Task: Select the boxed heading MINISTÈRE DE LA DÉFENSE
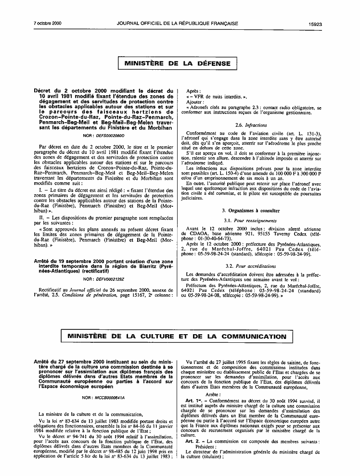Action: coord(178,63)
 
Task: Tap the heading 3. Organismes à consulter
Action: coord(251,211)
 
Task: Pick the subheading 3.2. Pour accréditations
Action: coord(251,265)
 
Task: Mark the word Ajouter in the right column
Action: coord(195,102)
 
